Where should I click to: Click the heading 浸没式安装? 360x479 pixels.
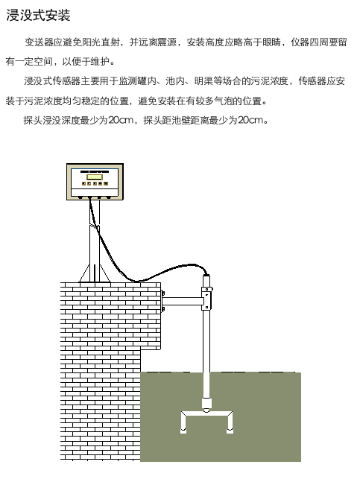click(x=38, y=15)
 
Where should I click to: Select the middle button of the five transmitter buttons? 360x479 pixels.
click(x=95, y=183)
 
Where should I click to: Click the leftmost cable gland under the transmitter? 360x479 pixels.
click(x=80, y=197)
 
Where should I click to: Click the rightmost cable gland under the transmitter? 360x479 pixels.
click(x=109, y=197)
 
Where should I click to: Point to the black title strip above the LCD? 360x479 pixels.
click(x=95, y=171)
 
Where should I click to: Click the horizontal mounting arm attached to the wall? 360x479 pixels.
click(x=183, y=302)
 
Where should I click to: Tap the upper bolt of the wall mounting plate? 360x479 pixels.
click(x=163, y=294)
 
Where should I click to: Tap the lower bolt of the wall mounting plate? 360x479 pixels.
click(x=163, y=309)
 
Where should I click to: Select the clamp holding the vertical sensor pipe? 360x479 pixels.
click(x=207, y=299)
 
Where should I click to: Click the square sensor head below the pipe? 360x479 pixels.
click(x=206, y=403)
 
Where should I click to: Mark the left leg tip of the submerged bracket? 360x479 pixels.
click(x=183, y=431)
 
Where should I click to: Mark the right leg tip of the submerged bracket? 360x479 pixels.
click(x=230, y=431)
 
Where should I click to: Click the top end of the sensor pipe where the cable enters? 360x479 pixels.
click(x=206, y=276)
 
